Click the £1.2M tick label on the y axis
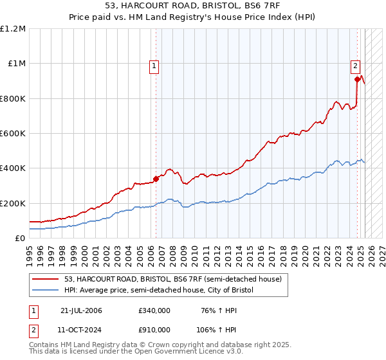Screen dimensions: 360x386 click(13, 29)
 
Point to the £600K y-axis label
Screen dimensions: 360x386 click(13, 134)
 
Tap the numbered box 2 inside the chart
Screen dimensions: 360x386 click(355, 65)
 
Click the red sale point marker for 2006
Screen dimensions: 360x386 click(156, 179)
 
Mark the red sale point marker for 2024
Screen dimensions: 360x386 click(356, 80)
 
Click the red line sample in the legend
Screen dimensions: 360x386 click(45, 280)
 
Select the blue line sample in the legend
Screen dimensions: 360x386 click(45, 291)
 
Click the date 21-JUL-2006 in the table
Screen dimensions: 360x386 click(81, 310)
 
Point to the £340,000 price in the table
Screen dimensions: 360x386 click(154, 310)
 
